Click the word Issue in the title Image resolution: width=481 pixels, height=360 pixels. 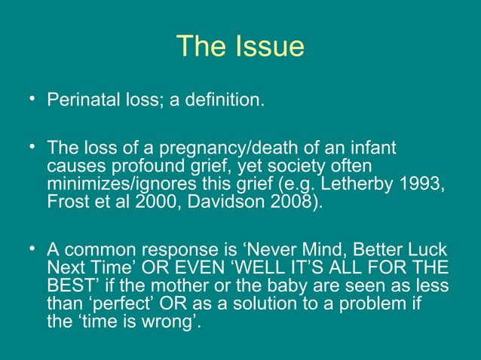tap(268, 47)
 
